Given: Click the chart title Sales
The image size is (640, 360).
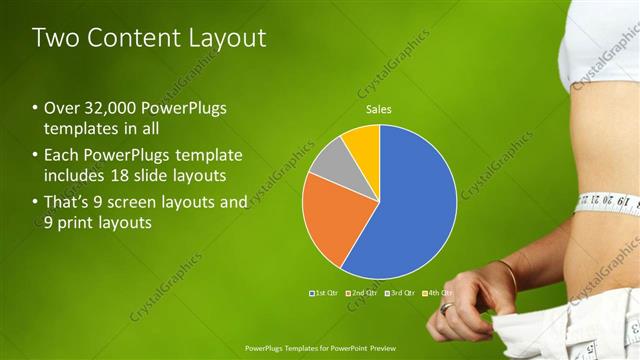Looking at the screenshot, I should [378, 109].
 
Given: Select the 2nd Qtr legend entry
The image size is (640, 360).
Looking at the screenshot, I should [361, 293].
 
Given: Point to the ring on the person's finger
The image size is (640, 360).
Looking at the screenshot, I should [447, 309].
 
